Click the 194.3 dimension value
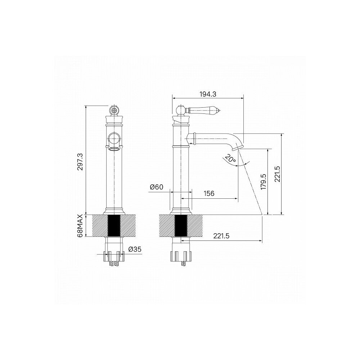[x=208, y=94]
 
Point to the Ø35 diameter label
[x=135, y=249]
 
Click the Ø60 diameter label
[x=157, y=187]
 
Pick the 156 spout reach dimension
[x=209, y=194]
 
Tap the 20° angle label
[x=230, y=159]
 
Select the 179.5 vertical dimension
[x=264, y=181]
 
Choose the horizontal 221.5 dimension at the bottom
[x=221, y=236]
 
